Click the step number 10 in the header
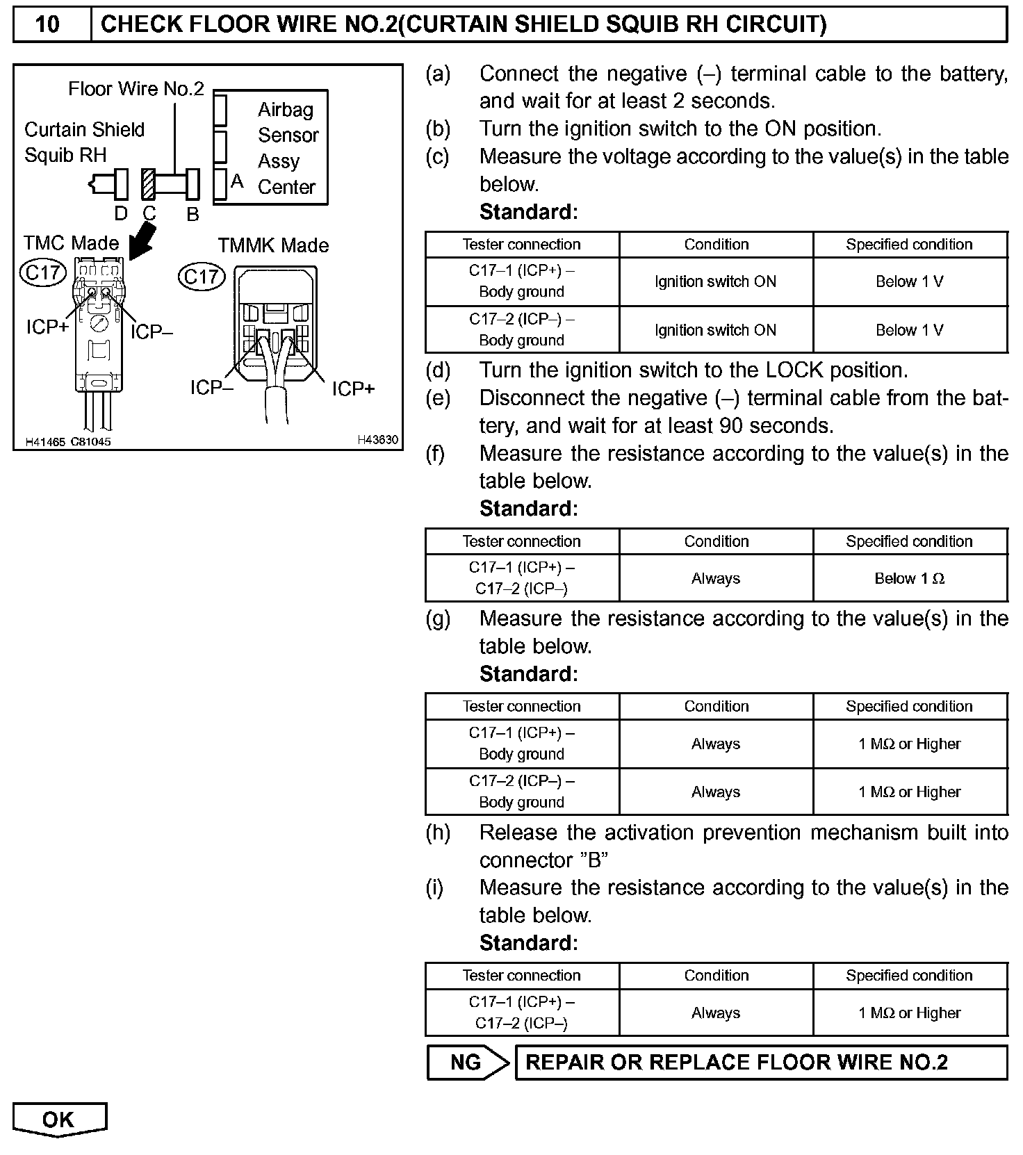pyautogui.click(x=47, y=24)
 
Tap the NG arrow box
pyautogui.click(x=468, y=1063)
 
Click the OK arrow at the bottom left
pyautogui.click(x=58, y=1120)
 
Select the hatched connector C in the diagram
pyautogui.click(x=148, y=184)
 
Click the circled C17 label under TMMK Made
pyautogui.click(x=202, y=277)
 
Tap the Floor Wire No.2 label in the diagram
pyautogui.click(x=136, y=89)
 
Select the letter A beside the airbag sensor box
pyautogui.click(x=237, y=181)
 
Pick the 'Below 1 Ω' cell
pyautogui.click(x=910, y=578)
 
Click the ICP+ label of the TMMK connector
pyautogui.click(x=353, y=388)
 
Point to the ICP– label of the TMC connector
pyautogui.click(x=152, y=332)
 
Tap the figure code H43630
pyautogui.click(x=377, y=440)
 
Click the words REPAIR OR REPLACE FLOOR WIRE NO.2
pyautogui.click(x=737, y=1063)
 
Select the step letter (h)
pyautogui.click(x=438, y=833)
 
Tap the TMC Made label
pyautogui.click(x=71, y=243)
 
